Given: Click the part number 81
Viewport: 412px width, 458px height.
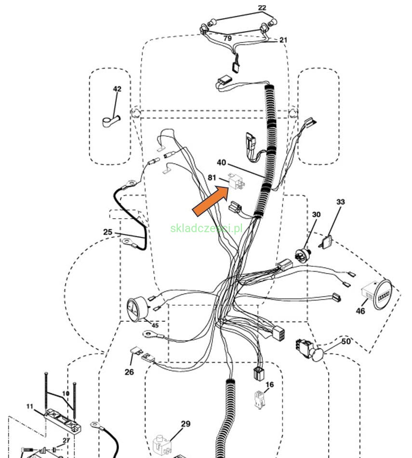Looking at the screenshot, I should click(213, 177).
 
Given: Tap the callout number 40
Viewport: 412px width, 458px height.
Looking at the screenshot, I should click(221, 163).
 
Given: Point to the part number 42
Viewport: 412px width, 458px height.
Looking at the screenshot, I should click(117, 89).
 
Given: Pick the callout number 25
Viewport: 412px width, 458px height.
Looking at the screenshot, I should click(108, 232).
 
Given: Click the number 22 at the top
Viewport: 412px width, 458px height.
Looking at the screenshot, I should click(262, 8).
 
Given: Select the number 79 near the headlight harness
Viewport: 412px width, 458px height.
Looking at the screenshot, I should click(227, 38).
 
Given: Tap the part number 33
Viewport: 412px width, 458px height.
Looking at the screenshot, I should click(340, 202).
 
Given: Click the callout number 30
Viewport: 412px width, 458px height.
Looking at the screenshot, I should click(316, 214).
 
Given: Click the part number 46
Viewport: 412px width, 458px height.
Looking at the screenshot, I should click(360, 311).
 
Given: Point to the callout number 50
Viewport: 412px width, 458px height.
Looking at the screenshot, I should click(346, 341).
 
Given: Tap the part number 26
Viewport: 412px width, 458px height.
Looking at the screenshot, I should click(129, 372).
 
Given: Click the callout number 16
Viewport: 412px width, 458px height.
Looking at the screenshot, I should click(269, 384).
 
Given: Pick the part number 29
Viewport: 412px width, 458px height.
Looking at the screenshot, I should click(186, 424).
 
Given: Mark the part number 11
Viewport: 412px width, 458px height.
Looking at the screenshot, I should click(30, 406).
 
